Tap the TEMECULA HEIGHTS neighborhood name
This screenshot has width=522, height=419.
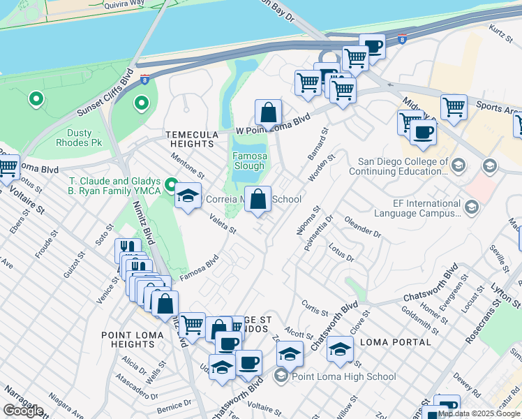[188, 138]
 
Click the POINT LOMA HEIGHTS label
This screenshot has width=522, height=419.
[133, 340]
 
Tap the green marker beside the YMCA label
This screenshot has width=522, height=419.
[172, 186]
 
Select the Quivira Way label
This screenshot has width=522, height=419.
[124, 4]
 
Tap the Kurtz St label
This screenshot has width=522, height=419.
[496, 31]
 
